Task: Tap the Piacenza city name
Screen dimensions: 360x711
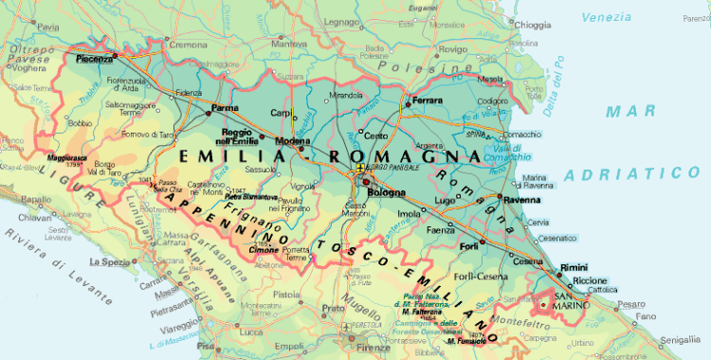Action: tap(95, 59)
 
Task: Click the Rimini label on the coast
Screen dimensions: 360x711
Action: tap(575, 268)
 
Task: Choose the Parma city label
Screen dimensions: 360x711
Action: tap(224, 108)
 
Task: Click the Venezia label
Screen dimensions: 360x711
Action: tap(607, 17)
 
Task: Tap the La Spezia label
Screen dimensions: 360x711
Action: tap(107, 261)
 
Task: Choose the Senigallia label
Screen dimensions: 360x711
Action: tap(680, 339)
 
